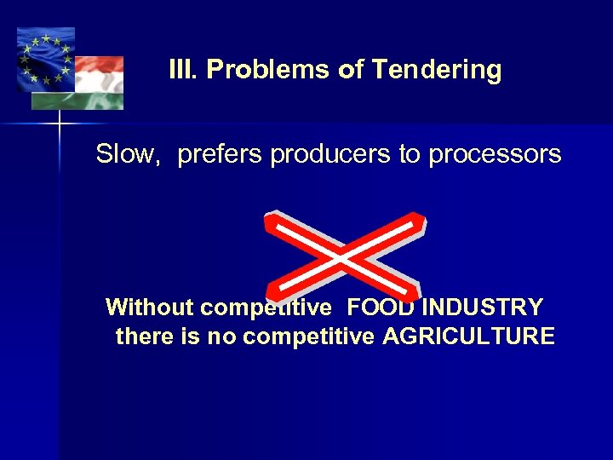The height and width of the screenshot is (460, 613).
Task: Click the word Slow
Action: pyautogui.click(x=128, y=155)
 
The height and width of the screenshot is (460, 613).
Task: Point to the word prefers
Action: pyautogui.click(x=221, y=155)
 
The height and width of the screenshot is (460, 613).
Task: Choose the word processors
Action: pyautogui.click(x=495, y=155)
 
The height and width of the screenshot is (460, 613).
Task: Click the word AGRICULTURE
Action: pyautogui.click(x=468, y=336)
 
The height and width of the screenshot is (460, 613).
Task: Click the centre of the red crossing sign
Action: pyautogui.click(x=343, y=255)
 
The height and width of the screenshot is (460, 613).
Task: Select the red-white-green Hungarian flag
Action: pyautogui.click(x=96, y=81)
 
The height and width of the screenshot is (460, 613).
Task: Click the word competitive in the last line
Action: pyautogui.click(x=308, y=336)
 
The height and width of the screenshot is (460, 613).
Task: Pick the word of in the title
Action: pyautogui.click(x=351, y=70)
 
